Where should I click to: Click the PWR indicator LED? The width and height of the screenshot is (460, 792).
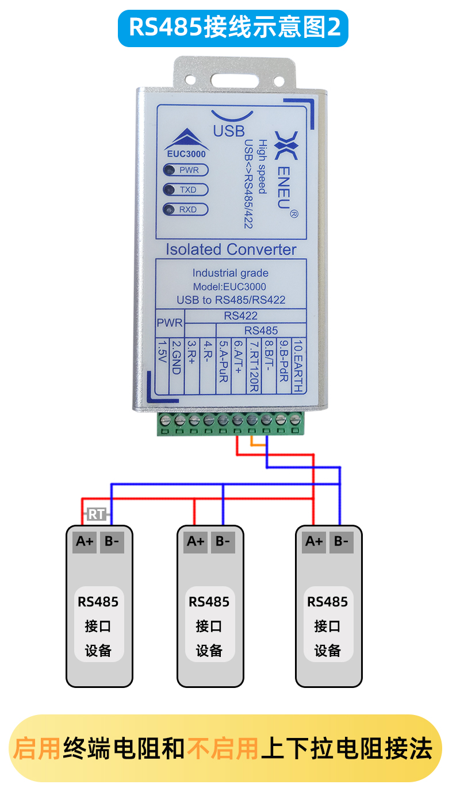point(170,170)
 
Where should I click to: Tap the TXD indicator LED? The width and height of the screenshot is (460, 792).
point(170,190)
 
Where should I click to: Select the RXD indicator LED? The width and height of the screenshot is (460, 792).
point(170,210)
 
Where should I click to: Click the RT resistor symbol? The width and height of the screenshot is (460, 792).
point(96,514)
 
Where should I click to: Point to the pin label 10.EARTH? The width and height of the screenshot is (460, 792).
point(298,366)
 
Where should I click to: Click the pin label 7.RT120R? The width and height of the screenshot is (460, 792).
point(254,366)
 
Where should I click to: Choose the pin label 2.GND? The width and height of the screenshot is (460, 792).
point(176,357)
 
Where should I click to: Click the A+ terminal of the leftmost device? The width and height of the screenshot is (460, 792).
point(85,541)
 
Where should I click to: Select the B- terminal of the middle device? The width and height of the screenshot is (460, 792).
point(223,541)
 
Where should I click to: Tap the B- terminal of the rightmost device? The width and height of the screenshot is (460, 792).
point(342,541)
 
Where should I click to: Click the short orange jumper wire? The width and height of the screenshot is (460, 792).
point(258,444)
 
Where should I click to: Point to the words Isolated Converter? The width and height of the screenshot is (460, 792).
point(231,249)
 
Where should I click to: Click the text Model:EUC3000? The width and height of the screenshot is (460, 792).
point(229,286)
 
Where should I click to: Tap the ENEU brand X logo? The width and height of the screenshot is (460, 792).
point(286,145)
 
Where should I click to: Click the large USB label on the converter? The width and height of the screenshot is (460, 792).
point(229,131)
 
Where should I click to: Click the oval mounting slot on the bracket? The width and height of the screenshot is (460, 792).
point(235,80)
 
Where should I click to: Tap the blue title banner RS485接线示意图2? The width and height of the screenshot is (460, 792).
point(233,28)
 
